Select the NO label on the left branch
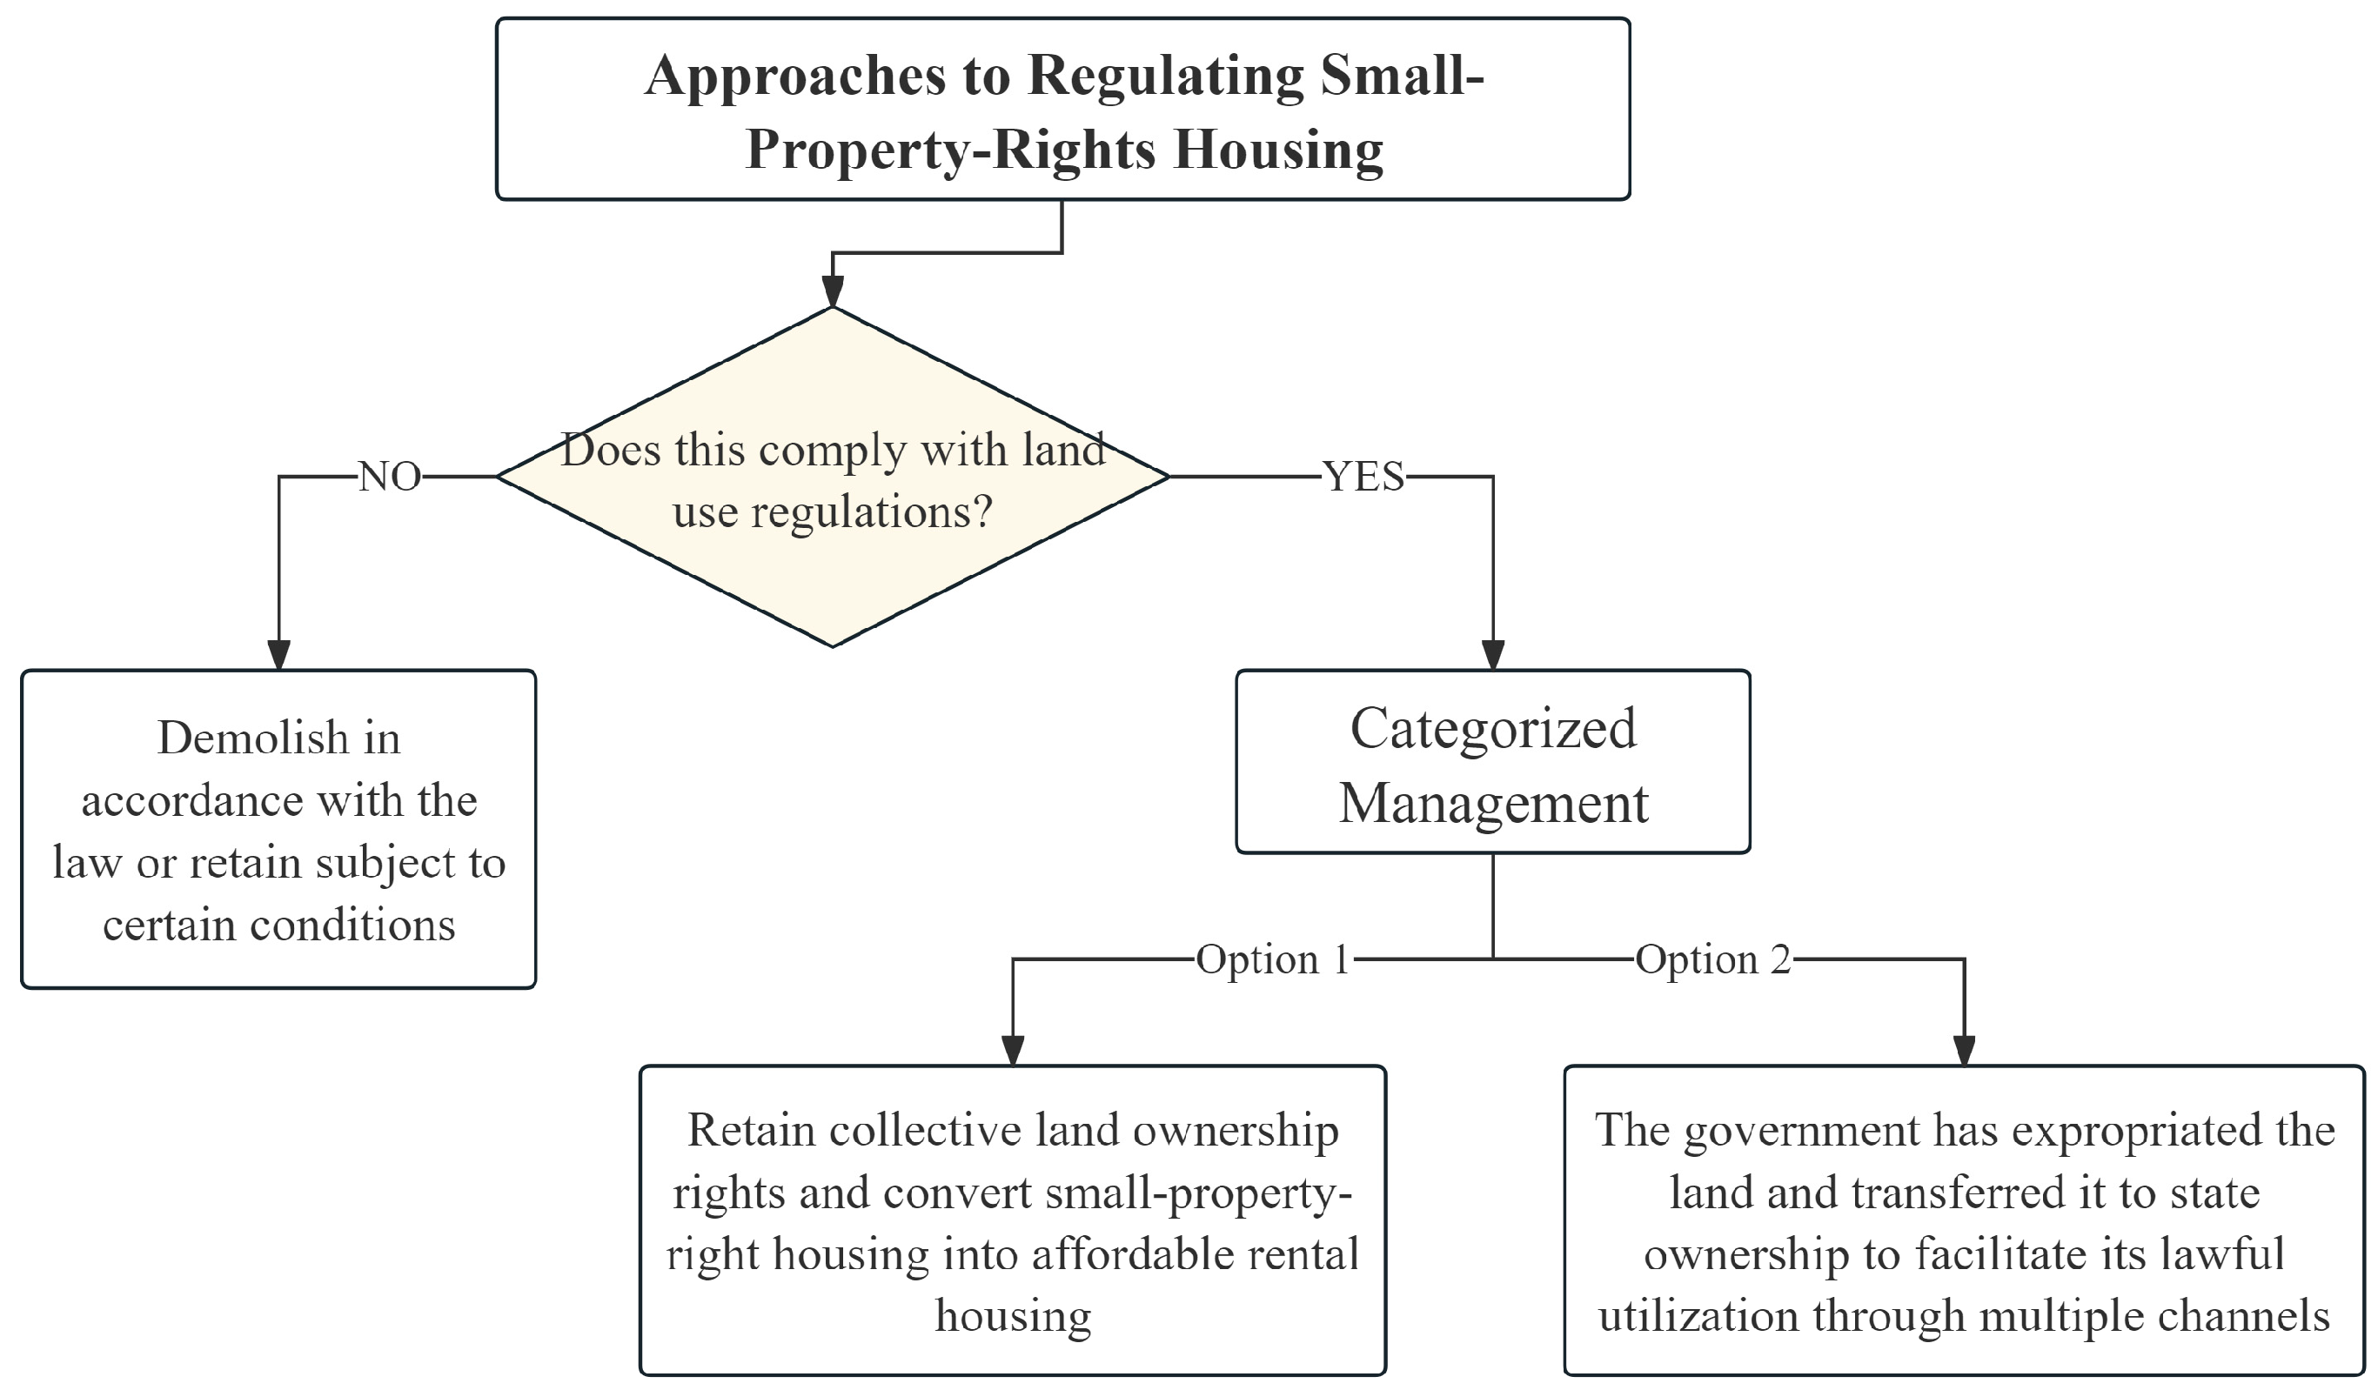(390, 478)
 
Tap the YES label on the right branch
(1363, 478)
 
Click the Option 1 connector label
(1273, 959)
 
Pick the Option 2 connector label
(1712, 959)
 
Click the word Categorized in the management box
(1494, 729)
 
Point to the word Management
(1494, 804)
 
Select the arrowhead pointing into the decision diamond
(833, 291)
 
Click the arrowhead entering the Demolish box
(278, 655)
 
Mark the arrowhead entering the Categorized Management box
(1493, 655)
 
